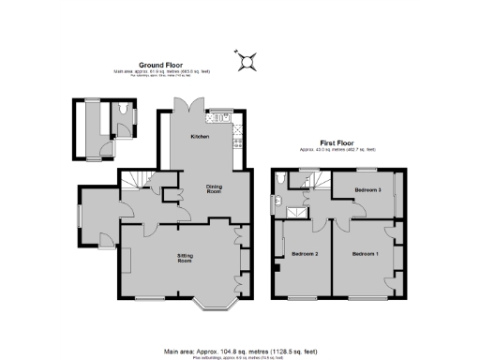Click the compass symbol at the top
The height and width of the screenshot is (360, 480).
(x=247, y=61)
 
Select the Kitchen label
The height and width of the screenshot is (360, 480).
(x=200, y=137)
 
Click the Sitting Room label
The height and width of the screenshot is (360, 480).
(x=191, y=257)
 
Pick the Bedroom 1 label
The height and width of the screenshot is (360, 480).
(x=366, y=254)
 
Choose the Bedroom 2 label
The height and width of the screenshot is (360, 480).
(x=306, y=254)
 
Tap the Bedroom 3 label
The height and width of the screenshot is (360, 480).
(x=367, y=189)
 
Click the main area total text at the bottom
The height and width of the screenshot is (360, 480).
(x=240, y=350)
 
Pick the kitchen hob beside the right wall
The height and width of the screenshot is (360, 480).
(x=238, y=141)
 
